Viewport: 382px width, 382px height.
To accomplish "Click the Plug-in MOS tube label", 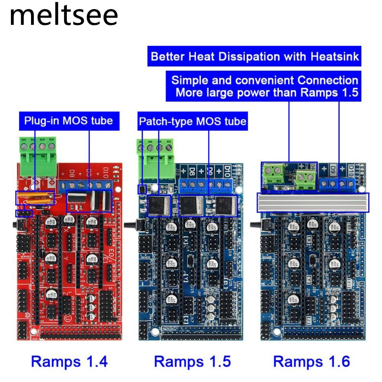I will [68, 120].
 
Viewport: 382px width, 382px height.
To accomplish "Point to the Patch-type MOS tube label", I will [192, 121].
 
